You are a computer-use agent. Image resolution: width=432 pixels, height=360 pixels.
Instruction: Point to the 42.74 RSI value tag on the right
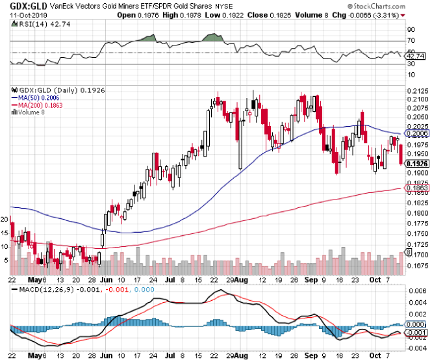[x=414, y=57]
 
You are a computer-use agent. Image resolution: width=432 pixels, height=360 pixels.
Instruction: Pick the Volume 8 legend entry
[x=31, y=112]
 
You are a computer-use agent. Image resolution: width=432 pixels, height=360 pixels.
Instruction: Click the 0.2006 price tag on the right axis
[x=415, y=133]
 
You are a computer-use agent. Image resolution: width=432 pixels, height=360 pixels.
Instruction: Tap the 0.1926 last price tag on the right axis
[x=415, y=164]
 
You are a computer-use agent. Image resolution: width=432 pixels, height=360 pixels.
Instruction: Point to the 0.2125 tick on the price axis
[x=416, y=90]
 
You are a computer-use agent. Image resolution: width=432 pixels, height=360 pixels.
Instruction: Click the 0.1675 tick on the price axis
[x=416, y=265]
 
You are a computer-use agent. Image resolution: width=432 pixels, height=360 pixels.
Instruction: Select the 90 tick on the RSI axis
[x=410, y=30]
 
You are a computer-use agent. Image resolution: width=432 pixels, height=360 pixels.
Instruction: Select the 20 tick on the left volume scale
[x=5, y=220]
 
